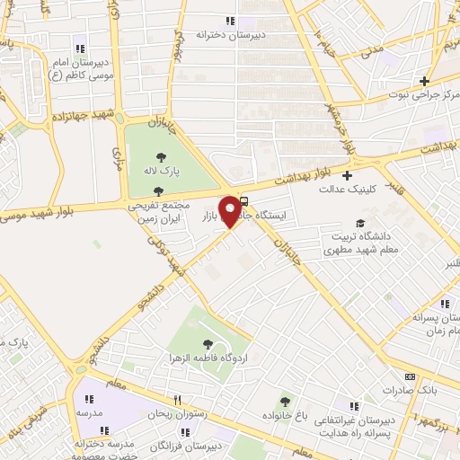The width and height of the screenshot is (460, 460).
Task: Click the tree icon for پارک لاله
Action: pyautogui.click(x=161, y=157)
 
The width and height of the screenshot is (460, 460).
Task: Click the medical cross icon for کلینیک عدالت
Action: pyautogui.click(x=347, y=175)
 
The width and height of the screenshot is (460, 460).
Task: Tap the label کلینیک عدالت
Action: pyautogui.click(x=347, y=189)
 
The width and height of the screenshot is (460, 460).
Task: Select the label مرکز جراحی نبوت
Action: pyautogui.click(x=424, y=93)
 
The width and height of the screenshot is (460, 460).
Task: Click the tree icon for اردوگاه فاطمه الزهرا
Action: pyautogui.click(x=208, y=343)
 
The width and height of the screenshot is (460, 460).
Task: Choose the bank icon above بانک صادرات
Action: pyautogui.click(x=411, y=377)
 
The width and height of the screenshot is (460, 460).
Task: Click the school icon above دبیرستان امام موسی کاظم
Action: pyautogui.click(x=81, y=49)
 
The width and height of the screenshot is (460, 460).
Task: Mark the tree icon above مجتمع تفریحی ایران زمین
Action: pyautogui.click(x=159, y=190)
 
